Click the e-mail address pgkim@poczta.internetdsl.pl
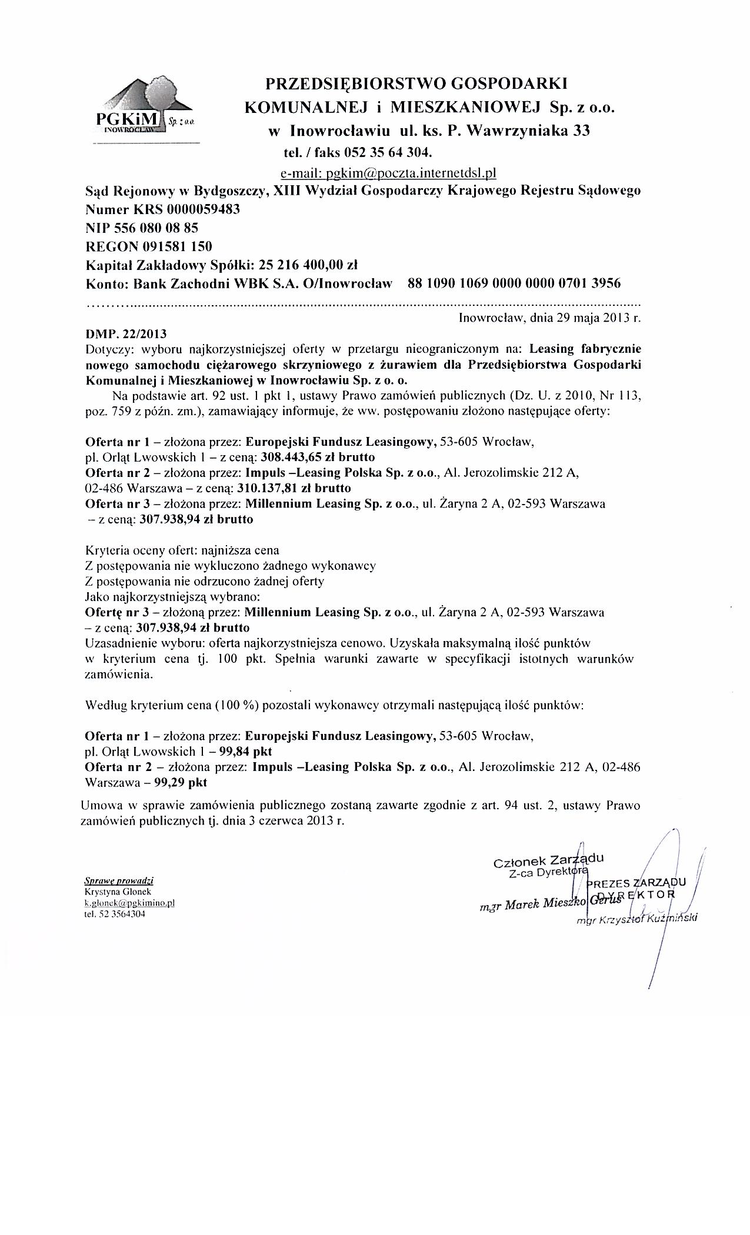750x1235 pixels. point(388,173)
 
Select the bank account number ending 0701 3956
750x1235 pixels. point(514,283)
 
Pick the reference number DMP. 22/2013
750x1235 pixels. point(126,334)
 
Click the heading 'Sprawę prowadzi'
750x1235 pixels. point(119,881)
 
